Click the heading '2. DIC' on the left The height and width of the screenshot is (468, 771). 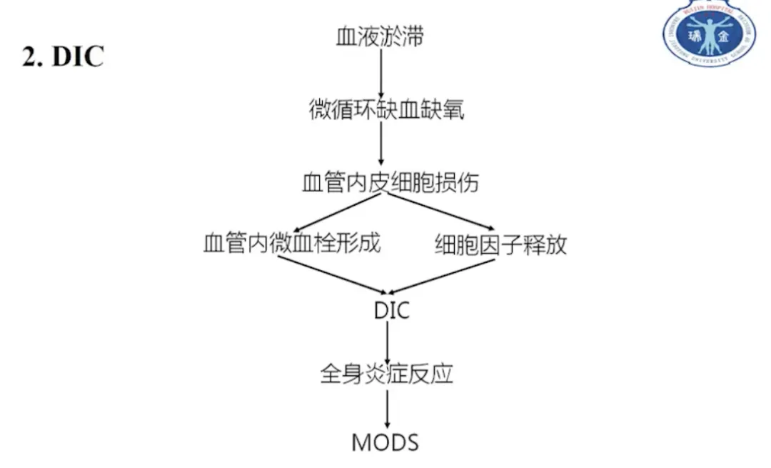[63, 57]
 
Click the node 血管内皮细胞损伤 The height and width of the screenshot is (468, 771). [390, 182]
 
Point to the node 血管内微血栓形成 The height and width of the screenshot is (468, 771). [291, 244]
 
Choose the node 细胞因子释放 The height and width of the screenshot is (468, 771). [500, 245]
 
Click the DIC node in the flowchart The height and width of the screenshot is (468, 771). [391, 312]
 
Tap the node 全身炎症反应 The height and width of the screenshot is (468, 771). [386, 374]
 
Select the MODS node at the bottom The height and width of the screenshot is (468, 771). [385, 442]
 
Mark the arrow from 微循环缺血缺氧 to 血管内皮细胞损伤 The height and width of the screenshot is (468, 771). [381, 146]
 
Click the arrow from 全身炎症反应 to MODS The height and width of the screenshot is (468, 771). [386, 408]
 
